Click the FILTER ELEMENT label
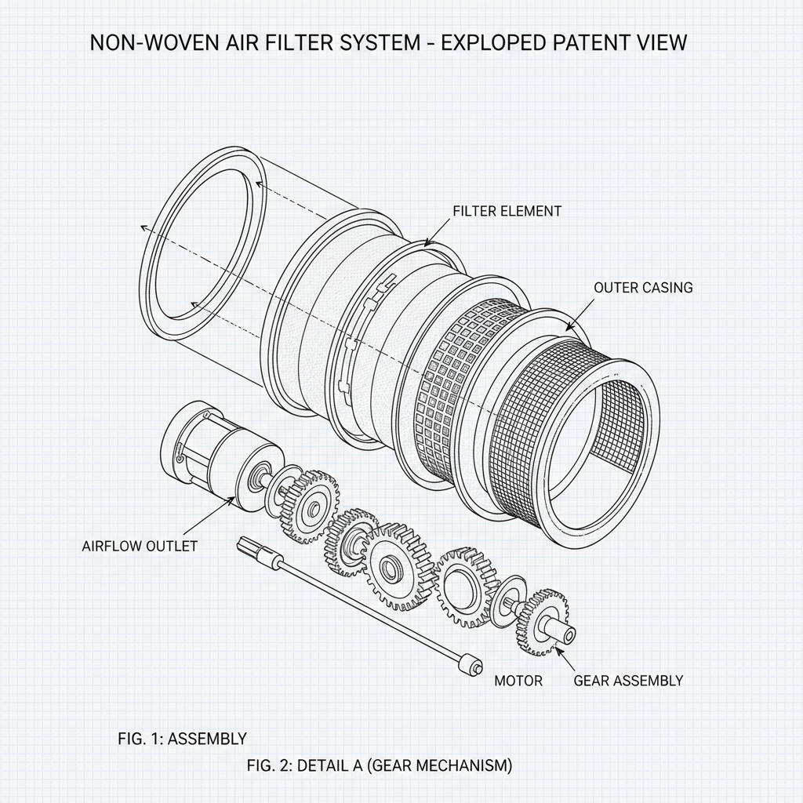[x=507, y=211]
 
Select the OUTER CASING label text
[x=643, y=288]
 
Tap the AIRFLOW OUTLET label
[x=140, y=546]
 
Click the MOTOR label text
[x=518, y=680]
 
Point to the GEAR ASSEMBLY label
[x=628, y=680]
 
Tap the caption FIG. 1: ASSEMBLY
[x=182, y=738]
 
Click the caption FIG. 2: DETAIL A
[x=379, y=765]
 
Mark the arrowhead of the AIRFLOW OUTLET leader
[x=234, y=500]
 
